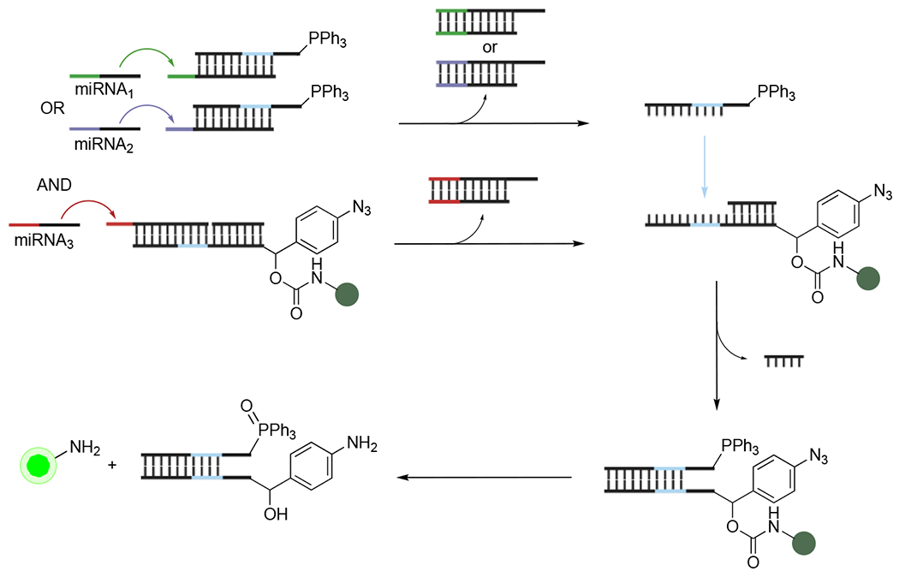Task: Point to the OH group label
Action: tap(270, 519)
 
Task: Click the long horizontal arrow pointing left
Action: tap(488, 477)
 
